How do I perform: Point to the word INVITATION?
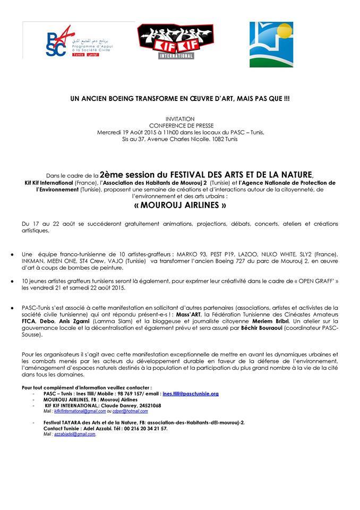tap(179, 118)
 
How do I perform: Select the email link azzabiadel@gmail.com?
tap(75, 434)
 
